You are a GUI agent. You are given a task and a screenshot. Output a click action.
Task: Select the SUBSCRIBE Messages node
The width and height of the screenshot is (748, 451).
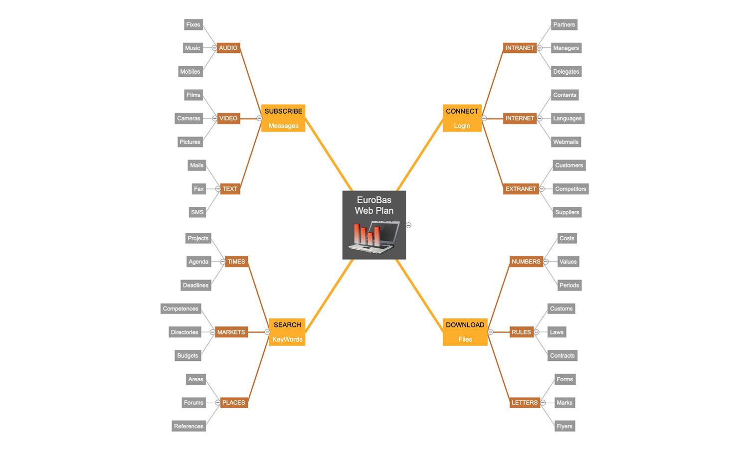pos(283,118)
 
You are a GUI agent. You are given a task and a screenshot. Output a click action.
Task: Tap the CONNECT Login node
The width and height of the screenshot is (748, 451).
pos(462,118)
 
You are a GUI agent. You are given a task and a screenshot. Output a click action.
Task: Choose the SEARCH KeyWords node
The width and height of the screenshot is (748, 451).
pos(287,332)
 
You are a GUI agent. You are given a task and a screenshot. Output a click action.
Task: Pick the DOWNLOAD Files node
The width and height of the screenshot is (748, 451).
pos(465,332)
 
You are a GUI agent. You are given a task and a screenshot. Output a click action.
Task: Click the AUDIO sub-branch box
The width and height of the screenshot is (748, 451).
pos(228,48)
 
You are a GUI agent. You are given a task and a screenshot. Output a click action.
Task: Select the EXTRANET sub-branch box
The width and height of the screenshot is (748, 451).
pos(521,189)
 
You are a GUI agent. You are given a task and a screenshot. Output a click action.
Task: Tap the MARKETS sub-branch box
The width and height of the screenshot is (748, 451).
pos(231,332)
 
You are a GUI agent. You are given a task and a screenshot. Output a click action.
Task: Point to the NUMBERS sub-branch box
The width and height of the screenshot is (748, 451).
pos(526,262)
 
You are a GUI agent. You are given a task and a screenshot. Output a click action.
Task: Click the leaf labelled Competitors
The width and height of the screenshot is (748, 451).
pos(570,189)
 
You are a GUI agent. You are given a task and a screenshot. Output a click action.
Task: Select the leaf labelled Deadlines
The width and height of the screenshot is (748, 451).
pos(195,285)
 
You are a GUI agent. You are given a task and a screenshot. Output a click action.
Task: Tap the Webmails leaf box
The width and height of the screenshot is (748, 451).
pos(565,142)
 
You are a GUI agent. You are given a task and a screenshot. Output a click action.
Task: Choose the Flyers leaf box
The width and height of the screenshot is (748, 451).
pos(564,426)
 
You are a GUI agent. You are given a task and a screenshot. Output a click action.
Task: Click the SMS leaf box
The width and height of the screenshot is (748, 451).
pos(197,212)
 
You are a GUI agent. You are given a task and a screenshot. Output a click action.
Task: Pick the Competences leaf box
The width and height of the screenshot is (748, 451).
pos(181,308)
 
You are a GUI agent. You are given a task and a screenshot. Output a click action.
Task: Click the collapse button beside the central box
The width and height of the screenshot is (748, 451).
pos(408,225)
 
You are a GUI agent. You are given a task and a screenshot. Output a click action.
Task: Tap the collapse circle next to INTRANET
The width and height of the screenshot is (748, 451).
pos(540,48)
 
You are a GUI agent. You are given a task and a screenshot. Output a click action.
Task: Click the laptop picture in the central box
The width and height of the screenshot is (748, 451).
pos(374,237)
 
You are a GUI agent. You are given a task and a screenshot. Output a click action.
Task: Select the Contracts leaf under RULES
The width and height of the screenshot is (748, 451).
pos(562,356)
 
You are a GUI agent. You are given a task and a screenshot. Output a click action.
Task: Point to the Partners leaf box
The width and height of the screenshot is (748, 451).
pos(564,24)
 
